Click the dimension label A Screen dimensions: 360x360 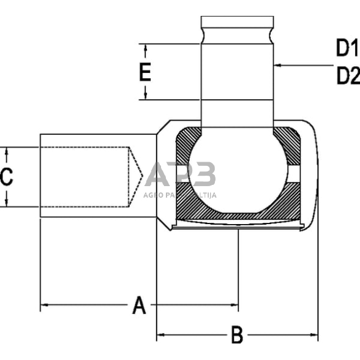(x=140, y=304)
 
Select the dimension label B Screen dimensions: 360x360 (x=236, y=335)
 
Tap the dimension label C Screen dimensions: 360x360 (x=6, y=177)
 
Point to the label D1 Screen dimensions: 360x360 (x=347, y=48)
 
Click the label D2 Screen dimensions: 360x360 (x=347, y=76)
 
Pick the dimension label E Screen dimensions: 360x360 (x=144, y=73)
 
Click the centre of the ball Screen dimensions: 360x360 (x=238, y=174)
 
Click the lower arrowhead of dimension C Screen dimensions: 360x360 (x=6, y=203)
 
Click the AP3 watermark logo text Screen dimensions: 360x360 (x=181, y=175)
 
